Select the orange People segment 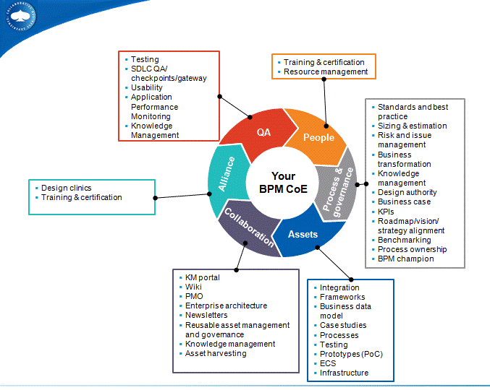pyautogui.click(x=319, y=138)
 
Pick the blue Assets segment pyautogui.click(x=303, y=235)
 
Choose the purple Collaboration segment pyautogui.click(x=248, y=227)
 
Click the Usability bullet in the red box pyautogui.click(x=147, y=87)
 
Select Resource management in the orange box pyautogui.click(x=326, y=72)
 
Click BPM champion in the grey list pyautogui.click(x=406, y=259)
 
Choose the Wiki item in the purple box pyautogui.click(x=193, y=287)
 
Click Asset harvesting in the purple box pyautogui.click(x=216, y=353)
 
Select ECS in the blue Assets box pyautogui.click(x=328, y=363)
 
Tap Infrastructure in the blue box pyautogui.click(x=345, y=373)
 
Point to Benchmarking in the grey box pyautogui.click(x=404, y=240)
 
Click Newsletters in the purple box pyautogui.click(x=206, y=315)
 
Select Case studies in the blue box pyautogui.click(x=343, y=325)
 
